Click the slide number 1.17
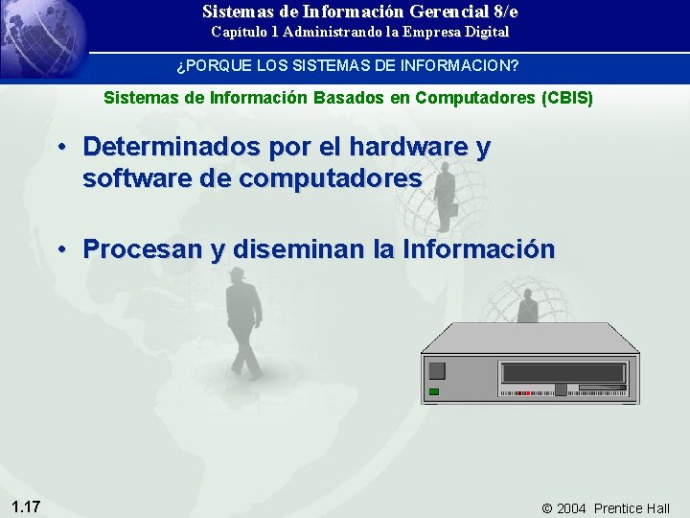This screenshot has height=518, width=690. click(26, 506)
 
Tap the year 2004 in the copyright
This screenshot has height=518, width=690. click(572, 508)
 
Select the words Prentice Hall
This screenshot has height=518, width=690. click(632, 508)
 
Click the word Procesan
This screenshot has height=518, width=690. click(143, 249)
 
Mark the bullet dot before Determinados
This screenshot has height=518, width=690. click(60, 148)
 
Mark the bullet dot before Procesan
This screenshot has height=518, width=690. click(60, 249)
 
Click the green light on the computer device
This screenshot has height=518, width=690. click(434, 391)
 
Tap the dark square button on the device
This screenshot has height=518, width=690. click(437, 371)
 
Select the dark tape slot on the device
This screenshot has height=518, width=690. click(564, 373)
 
